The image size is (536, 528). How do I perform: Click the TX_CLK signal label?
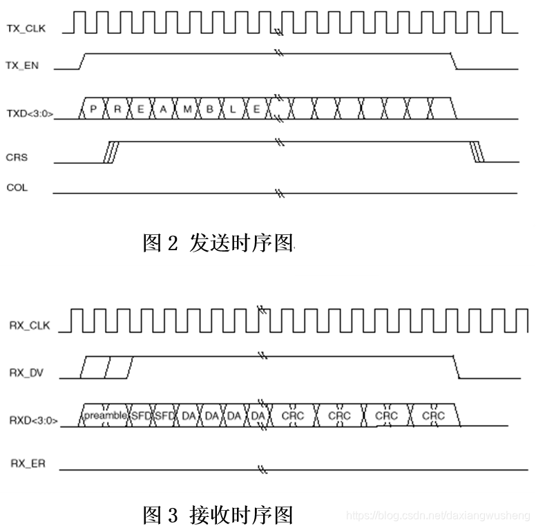click(x=27, y=28)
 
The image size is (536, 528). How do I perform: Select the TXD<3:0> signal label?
click(x=29, y=112)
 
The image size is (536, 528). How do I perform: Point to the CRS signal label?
click(x=17, y=158)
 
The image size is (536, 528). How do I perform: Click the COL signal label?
click(x=17, y=187)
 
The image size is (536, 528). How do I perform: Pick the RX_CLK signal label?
click(x=30, y=326)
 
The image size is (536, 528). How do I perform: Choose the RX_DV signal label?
click(x=27, y=373)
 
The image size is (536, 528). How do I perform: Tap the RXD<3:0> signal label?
click(x=33, y=419)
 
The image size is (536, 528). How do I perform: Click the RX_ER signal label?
click(x=28, y=464)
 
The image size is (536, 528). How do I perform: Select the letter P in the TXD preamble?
click(x=93, y=109)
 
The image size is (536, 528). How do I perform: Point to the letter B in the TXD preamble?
click(x=209, y=109)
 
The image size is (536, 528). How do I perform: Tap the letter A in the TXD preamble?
click(x=163, y=109)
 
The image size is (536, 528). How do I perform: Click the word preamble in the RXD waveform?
click(x=105, y=415)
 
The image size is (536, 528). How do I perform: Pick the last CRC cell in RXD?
click(x=433, y=415)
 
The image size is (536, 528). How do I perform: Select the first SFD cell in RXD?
click(x=140, y=415)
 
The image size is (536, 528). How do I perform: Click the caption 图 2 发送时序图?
click(x=218, y=243)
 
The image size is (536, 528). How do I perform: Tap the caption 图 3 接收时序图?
click(x=218, y=515)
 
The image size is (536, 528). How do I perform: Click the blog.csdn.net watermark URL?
click(x=437, y=516)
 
